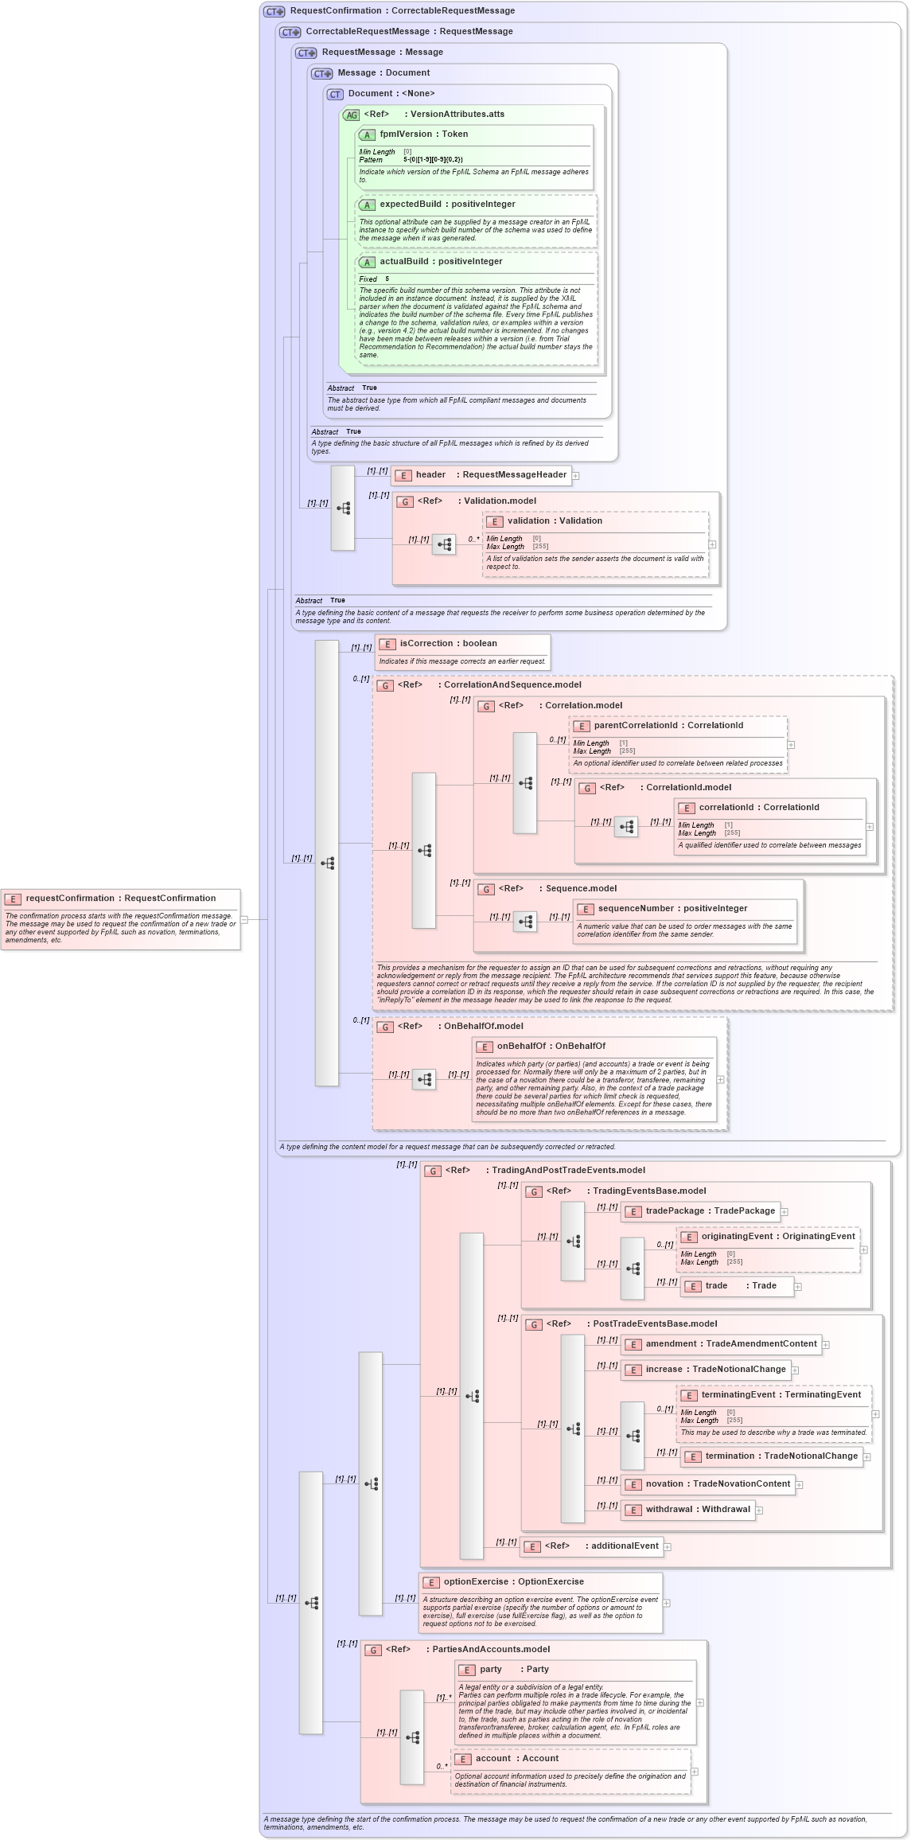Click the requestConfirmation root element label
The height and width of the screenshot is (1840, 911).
click(x=119, y=899)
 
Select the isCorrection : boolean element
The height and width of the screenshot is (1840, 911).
click(x=447, y=644)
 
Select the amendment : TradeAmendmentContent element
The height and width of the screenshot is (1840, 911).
click(x=730, y=1344)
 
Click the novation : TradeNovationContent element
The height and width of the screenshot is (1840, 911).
click(x=717, y=1484)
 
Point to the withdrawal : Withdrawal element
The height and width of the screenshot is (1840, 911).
click(x=696, y=1510)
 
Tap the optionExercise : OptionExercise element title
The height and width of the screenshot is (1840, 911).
click(x=512, y=1582)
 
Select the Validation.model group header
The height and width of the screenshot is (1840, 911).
click(x=499, y=501)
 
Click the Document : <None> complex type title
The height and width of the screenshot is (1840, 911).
click(x=391, y=94)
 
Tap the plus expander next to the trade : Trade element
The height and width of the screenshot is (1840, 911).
click(x=798, y=1287)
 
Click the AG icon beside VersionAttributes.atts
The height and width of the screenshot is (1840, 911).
click(x=351, y=115)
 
